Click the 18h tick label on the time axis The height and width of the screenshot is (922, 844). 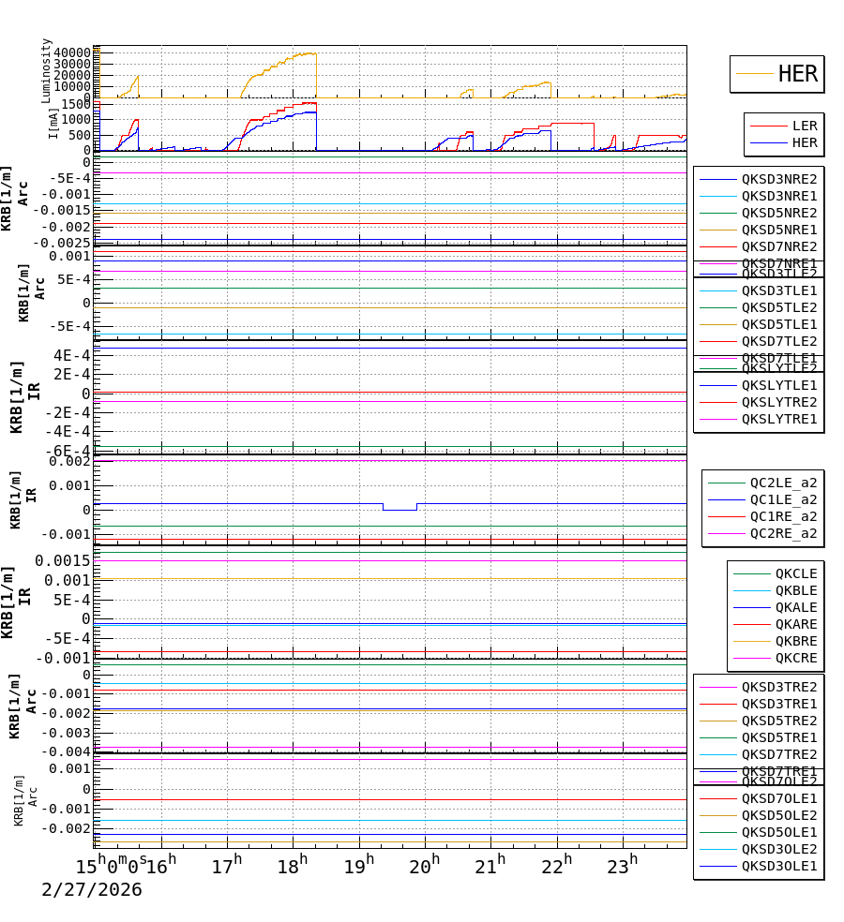pos(288,867)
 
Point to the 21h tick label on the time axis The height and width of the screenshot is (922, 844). pos(489,867)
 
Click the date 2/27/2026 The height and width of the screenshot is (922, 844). pos(91,890)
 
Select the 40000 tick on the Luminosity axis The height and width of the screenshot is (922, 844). pos(72,52)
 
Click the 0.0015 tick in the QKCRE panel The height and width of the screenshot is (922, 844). pos(63,560)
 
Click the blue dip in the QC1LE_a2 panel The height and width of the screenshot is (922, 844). pos(399,509)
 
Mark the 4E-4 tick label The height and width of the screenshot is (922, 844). pos(71,355)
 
